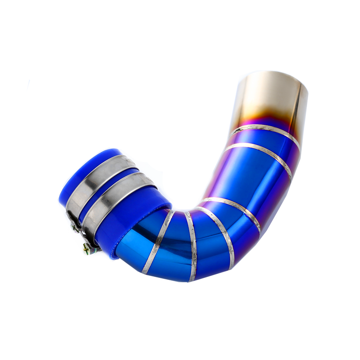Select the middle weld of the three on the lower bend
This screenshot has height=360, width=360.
click(x=192, y=245)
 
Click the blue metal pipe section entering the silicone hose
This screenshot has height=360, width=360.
click(x=139, y=245)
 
